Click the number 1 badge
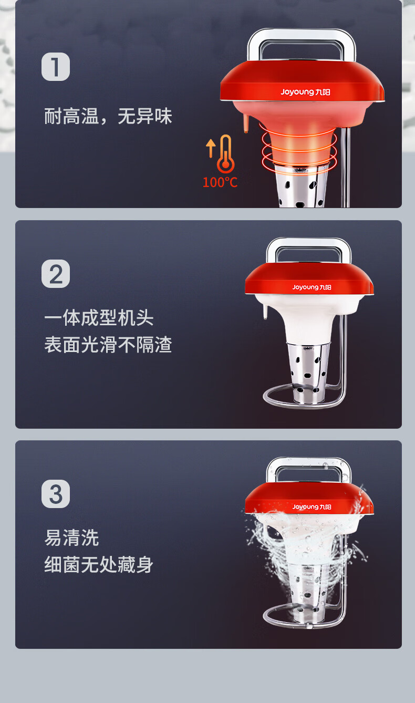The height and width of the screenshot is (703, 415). tap(56, 67)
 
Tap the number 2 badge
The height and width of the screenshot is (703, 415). tap(56, 274)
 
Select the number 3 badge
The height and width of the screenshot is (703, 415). tap(56, 494)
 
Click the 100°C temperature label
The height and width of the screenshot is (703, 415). tap(220, 182)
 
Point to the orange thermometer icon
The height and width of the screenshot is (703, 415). tap(226, 154)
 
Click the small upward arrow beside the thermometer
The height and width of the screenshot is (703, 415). tap(211, 148)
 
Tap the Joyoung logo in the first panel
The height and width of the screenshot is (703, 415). tap(305, 92)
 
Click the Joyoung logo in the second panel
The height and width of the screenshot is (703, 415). tap(312, 287)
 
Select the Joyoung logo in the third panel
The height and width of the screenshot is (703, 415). tap(312, 507)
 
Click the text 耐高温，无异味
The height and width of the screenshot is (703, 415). tap(108, 116)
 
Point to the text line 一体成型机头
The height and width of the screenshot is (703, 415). tap(99, 317)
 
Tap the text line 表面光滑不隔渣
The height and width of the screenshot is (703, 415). tap(108, 345)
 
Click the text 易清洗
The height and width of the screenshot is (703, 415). tap(71, 537)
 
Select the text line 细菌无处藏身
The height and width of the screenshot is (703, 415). tap(99, 565)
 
